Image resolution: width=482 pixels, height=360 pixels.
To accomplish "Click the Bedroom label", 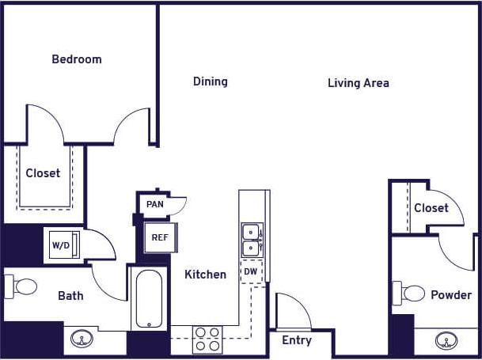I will (x=77, y=59).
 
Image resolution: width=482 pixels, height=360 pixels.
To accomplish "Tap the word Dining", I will (x=211, y=81).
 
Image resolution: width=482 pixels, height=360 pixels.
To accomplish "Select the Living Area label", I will (x=358, y=83).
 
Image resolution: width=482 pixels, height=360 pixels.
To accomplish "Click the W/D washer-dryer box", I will (x=62, y=244).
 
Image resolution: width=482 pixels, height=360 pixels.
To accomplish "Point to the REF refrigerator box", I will (x=159, y=237).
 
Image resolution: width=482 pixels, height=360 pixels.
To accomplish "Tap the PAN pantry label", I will (x=155, y=204).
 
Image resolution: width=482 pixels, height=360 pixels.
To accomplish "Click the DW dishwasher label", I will (x=250, y=271).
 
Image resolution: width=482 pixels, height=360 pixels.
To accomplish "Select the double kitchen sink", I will (x=251, y=239).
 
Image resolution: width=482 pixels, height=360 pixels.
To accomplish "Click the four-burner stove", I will (x=207, y=339).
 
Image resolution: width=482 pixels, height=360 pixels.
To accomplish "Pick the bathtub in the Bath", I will (x=149, y=299).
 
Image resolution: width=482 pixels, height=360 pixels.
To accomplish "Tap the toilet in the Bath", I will (x=21, y=286).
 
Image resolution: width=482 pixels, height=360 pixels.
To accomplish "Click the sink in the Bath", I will (x=80, y=339).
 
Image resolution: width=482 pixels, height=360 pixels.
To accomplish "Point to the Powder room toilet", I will (x=411, y=294).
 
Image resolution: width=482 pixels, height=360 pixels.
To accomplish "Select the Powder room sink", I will (x=446, y=341).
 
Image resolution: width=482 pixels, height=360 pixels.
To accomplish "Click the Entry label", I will (x=297, y=341).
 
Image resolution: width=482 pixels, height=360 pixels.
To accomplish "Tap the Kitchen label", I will (x=205, y=275).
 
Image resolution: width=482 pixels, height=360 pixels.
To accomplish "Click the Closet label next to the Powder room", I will (x=431, y=208).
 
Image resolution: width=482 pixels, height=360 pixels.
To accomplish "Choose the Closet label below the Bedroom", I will (x=43, y=173).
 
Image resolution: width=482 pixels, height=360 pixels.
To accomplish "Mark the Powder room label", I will (x=451, y=295).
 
